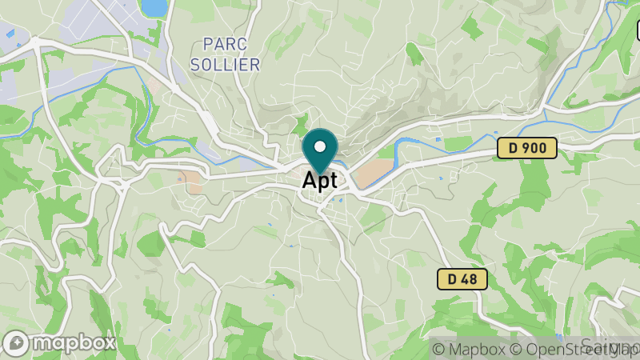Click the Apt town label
pos(320,181)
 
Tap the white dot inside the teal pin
pos(320,147)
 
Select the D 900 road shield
pos(526,147)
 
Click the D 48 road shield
pos(462,279)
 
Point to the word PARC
pos(224,44)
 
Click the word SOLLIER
pos(226,65)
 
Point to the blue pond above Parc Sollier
pos(154,7)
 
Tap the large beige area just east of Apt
pos(375,172)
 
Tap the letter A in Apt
pos(310,181)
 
